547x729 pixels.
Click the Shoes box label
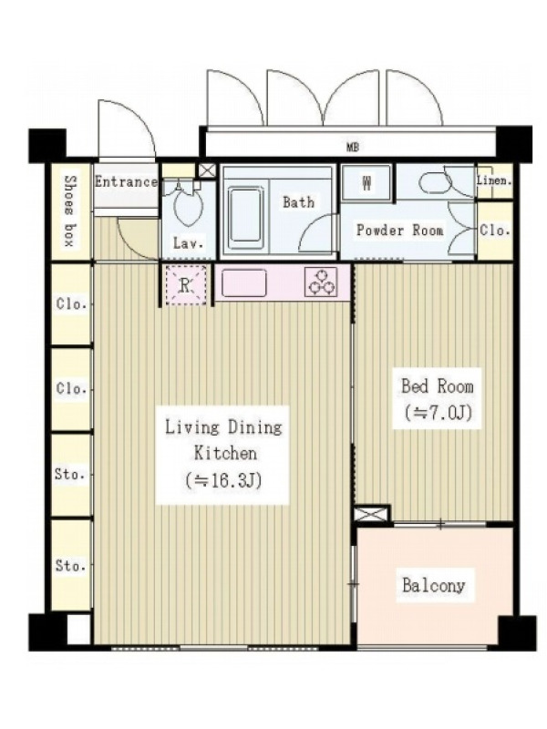(x=70, y=210)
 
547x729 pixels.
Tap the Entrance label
(x=126, y=181)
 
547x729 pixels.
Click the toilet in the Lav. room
(x=188, y=206)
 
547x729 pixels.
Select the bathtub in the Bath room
(x=245, y=215)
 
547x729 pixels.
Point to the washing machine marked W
(x=366, y=183)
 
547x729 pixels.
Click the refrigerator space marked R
(x=186, y=285)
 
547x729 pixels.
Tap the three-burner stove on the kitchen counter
(x=321, y=282)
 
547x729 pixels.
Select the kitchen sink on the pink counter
(x=243, y=282)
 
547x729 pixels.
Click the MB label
(x=353, y=148)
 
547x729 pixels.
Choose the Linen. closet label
(x=494, y=180)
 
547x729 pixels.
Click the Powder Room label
(x=399, y=231)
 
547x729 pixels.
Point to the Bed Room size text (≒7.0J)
(x=438, y=413)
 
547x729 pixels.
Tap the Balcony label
(x=434, y=585)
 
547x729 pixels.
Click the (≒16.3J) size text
(x=222, y=480)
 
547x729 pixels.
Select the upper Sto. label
(x=70, y=474)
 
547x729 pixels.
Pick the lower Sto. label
(x=71, y=565)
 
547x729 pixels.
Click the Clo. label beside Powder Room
(x=495, y=231)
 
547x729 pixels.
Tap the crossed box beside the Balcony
(x=372, y=514)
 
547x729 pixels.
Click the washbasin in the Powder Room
(x=436, y=182)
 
